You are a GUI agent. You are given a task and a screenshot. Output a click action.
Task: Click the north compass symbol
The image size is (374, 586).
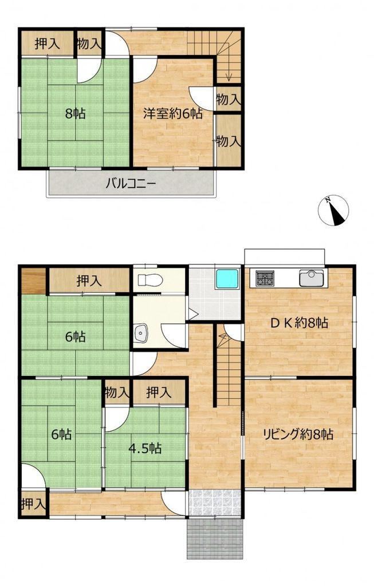click(333, 211)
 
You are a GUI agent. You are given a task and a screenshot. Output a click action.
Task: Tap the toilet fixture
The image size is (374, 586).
click(149, 279)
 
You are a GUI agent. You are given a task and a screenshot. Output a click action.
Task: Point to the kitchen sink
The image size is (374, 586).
click(311, 278)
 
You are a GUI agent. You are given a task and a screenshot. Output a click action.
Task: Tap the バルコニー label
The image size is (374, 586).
click(131, 184)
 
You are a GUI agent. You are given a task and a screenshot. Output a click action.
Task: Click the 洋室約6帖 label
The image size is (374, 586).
click(173, 113)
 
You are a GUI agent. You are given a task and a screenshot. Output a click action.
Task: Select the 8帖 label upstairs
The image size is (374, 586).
click(75, 113)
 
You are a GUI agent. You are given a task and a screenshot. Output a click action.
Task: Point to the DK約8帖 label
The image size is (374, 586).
click(299, 323)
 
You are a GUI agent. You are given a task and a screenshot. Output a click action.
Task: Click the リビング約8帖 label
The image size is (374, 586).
click(298, 434)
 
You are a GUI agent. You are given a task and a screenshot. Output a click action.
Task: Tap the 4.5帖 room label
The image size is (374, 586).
click(145, 448)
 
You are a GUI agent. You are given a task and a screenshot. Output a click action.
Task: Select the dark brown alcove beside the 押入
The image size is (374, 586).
click(33, 280)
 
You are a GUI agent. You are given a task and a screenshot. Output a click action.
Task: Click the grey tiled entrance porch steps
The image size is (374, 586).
click(215, 538)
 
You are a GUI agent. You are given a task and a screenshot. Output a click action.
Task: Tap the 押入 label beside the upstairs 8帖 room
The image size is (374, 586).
click(47, 44)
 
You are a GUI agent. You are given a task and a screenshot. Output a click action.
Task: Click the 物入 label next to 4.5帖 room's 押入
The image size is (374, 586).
click(117, 393)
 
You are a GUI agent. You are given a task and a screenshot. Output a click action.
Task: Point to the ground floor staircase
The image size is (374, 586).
click(228, 366)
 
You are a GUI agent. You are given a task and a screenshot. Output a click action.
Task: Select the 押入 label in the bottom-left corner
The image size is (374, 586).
click(34, 504)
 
